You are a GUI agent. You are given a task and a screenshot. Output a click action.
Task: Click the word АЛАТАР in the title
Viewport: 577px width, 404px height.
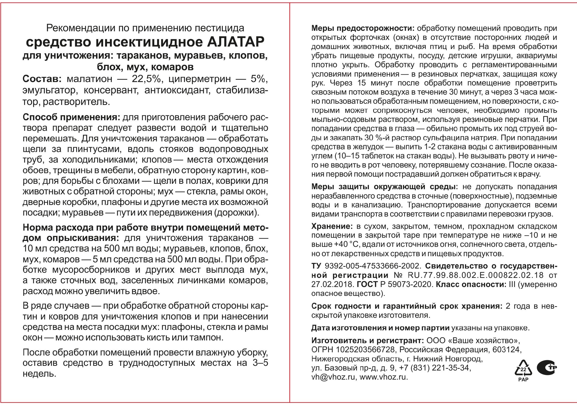click(236, 42)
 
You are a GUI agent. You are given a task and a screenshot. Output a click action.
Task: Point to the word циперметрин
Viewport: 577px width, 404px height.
click(200, 79)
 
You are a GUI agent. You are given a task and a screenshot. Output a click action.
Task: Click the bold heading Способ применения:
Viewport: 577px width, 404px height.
click(71, 118)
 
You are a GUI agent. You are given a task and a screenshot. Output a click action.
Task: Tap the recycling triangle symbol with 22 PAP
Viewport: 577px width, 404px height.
click(523, 370)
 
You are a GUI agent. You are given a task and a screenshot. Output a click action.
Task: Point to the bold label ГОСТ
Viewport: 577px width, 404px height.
click(367, 284)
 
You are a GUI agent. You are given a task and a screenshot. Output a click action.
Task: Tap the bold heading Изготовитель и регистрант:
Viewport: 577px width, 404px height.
click(367, 340)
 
